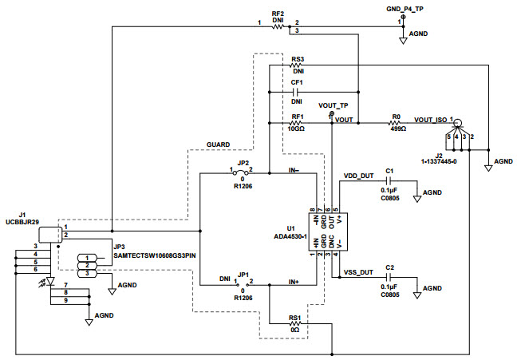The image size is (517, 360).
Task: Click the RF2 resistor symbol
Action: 278,26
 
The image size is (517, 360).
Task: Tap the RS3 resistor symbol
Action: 297,66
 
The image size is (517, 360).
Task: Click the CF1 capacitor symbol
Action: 297,92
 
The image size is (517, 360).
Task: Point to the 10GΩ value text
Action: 297,129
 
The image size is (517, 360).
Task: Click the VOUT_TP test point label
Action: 333,105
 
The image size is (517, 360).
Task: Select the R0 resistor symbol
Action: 396,123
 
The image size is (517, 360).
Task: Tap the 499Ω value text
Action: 397,129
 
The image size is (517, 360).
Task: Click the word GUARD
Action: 219,144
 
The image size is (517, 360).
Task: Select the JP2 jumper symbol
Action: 242,172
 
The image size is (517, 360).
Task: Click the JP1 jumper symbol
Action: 242,282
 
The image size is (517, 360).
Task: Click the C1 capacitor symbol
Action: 389,181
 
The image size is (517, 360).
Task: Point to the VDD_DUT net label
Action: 359,175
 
